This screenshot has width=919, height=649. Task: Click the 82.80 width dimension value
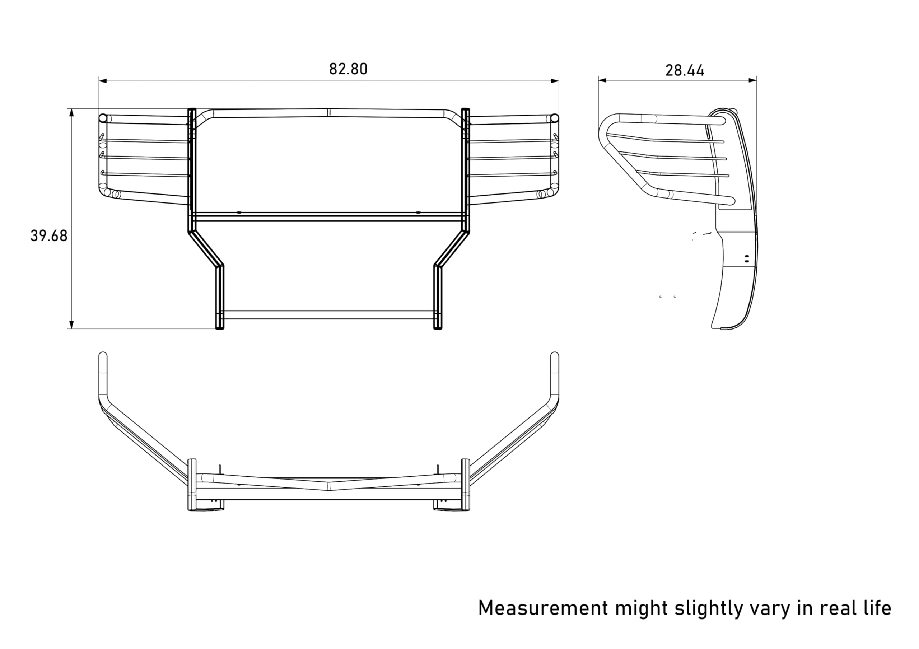(348, 69)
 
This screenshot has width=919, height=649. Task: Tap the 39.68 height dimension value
(49, 236)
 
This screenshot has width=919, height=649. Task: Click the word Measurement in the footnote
(543, 608)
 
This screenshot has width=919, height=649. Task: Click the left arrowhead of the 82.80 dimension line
(103, 81)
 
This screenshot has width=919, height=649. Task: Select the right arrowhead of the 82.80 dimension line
(555, 81)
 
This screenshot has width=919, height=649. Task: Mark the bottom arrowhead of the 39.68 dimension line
(72, 324)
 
